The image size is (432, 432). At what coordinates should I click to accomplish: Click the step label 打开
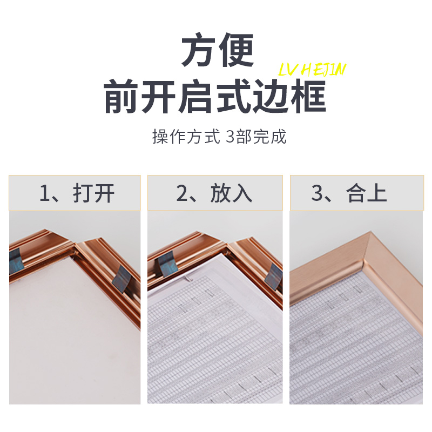pos(94,193)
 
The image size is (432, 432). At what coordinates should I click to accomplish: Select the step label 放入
pos(232,193)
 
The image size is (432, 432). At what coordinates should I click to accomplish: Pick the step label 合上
pos(368,193)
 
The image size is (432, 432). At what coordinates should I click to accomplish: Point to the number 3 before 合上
pos(319,193)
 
